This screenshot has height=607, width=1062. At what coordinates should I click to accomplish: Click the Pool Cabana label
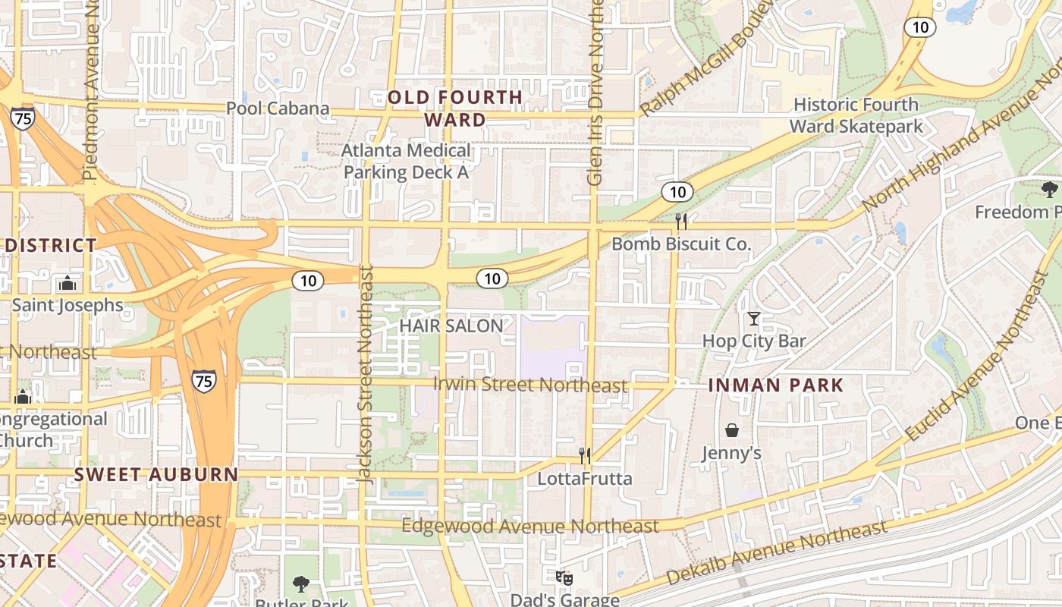pos(278,109)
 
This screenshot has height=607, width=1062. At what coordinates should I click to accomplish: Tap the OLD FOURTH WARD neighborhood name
pos(455,109)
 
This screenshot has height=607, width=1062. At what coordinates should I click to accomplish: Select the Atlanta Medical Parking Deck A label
pos(407,161)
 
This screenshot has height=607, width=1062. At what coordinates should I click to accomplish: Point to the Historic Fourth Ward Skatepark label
pos(856,115)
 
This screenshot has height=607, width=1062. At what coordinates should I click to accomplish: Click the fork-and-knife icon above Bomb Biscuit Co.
pos(681,221)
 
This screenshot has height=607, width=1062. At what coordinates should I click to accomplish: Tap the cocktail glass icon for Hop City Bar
pos(754,319)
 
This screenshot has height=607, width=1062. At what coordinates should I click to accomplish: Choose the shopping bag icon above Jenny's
pos(732,431)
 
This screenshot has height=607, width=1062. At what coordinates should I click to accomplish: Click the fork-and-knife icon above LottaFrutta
pos(585,455)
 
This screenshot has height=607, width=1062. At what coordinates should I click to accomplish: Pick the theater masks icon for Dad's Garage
pos(564,578)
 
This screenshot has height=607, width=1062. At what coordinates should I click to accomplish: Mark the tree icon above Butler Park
pos(301,583)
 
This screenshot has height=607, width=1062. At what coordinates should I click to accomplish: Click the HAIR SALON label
pos(451,326)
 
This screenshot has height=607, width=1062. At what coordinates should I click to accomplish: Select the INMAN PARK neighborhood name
pos(776,385)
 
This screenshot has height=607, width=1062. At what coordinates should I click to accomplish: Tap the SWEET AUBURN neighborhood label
pos(156,476)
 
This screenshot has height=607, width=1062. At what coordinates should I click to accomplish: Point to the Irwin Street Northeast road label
pos(530,385)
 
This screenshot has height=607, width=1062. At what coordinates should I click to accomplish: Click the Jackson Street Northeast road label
pos(366,374)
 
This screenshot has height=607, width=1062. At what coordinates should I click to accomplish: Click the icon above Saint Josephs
pos(68,284)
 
